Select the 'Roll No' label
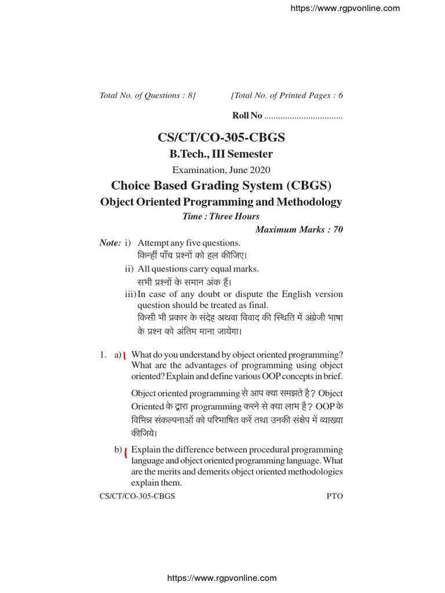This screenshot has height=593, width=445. click(x=247, y=116)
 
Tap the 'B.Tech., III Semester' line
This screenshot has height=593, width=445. click(x=221, y=154)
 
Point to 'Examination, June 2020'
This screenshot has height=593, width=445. click(x=221, y=170)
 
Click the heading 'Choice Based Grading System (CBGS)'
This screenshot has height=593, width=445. click(x=221, y=185)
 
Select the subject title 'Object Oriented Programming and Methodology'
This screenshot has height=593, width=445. click(x=221, y=202)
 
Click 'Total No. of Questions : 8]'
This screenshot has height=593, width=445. click(x=148, y=96)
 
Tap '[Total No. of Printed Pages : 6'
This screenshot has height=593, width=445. click(x=287, y=96)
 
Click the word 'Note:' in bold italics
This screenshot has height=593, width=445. click(x=110, y=243)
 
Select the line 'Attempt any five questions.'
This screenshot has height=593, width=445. click(x=189, y=243)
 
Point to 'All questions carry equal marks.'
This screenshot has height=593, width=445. click(x=198, y=269)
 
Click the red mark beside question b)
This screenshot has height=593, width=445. click(x=126, y=452)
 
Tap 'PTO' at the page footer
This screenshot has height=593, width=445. click(x=335, y=496)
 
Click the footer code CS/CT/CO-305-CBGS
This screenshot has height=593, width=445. click(x=137, y=496)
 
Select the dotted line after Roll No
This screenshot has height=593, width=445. click(x=304, y=117)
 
